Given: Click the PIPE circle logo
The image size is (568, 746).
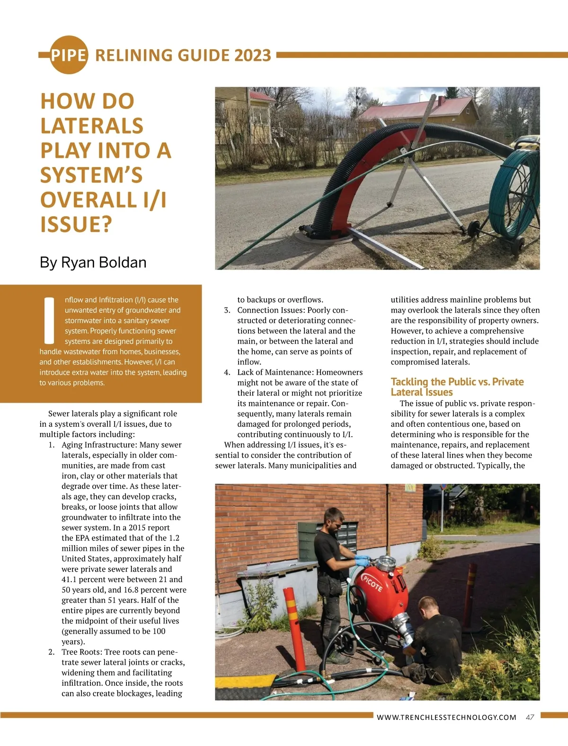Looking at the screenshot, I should [x=69, y=55].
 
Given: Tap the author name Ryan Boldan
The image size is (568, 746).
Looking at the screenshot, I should [x=104, y=262].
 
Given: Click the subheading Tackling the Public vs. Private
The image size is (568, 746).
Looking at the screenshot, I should [x=457, y=382].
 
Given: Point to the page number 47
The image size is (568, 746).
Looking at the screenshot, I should [x=530, y=717].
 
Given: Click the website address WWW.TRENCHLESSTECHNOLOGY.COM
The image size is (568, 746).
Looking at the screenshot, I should [x=446, y=717].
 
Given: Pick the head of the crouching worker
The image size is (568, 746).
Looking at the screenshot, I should [x=428, y=607].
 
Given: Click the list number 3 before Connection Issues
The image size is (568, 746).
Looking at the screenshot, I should [x=227, y=310].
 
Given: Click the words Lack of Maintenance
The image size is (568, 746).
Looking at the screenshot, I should [x=274, y=372].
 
